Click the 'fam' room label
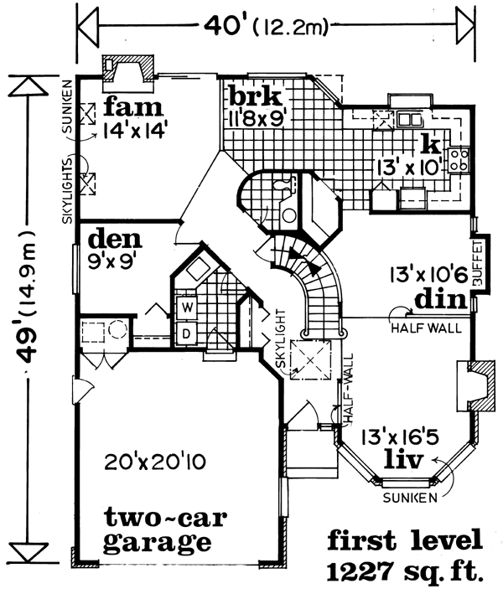133,107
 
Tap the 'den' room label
115,238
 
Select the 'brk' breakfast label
256,96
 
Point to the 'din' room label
440,299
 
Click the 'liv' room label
403,459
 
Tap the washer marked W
186,307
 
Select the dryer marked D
186,333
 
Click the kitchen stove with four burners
459,160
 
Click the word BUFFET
479,263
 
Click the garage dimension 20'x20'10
155,462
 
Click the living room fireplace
475,386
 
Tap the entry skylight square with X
310,360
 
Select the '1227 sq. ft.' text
405,571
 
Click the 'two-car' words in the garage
166,518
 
